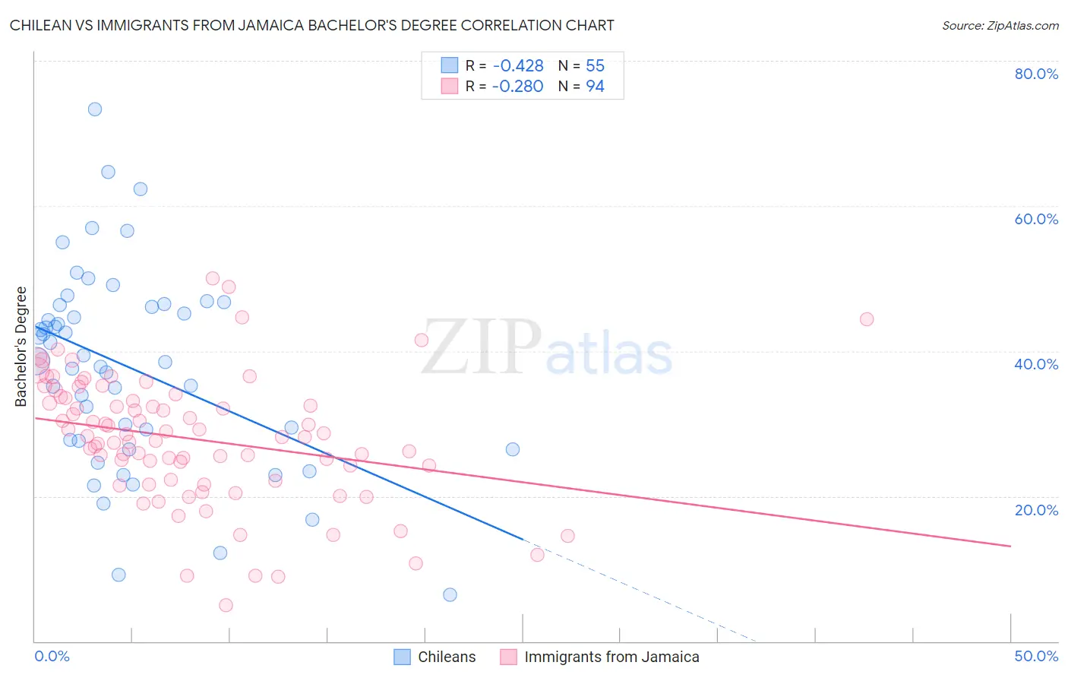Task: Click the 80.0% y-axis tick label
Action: [1036, 74]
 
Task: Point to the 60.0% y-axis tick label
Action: [1036, 219]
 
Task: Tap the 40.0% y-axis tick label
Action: [1036, 364]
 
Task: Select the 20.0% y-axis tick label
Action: [1036, 509]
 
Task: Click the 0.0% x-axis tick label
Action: [52, 656]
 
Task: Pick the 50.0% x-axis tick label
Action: [1036, 656]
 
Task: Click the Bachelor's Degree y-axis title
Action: [21, 347]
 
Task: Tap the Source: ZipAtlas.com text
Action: [1000, 25]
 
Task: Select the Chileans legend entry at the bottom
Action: [434, 657]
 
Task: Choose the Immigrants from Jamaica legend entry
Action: [600, 657]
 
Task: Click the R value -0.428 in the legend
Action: [517, 65]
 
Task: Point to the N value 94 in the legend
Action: [595, 87]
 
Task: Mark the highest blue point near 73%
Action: [95, 109]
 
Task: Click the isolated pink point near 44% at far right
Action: [867, 319]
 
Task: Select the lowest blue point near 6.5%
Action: [450, 594]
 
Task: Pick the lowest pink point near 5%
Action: [226, 605]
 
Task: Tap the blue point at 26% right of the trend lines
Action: [513, 449]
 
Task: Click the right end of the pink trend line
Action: [1010, 546]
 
